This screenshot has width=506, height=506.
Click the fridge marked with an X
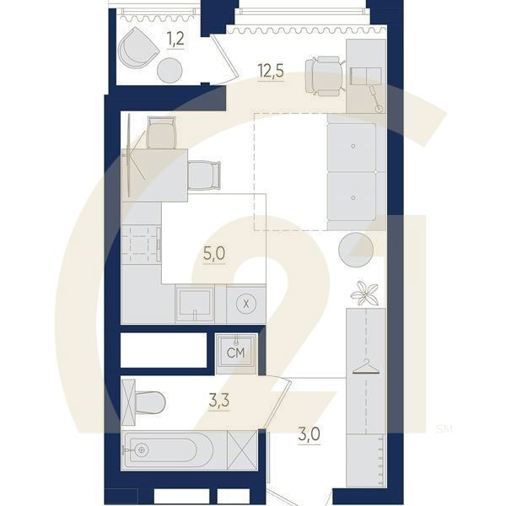(x=246, y=304)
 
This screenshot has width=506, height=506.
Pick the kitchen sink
(x=195, y=304)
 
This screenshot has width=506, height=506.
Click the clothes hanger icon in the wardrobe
(x=365, y=364)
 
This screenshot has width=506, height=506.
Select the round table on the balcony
(x=171, y=69)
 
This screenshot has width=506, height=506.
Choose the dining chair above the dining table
(x=162, y=132)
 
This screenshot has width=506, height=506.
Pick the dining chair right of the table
(x=205, y=175)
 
